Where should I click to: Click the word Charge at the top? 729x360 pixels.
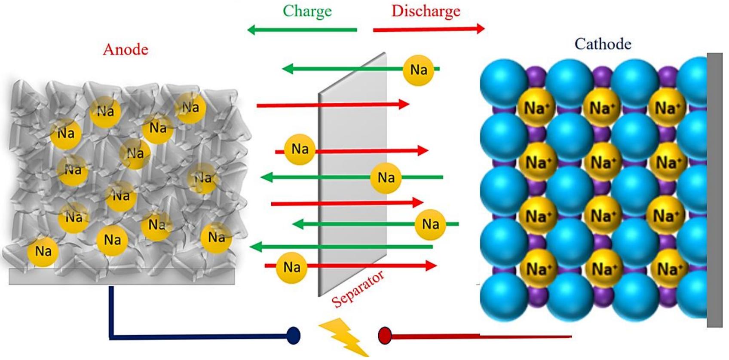[307, 11]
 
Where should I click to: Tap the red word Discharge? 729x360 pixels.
[426, 11]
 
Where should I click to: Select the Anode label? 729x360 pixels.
[126, 50]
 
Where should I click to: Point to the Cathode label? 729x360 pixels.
[603, 44]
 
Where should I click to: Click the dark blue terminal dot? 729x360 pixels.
[293, 336]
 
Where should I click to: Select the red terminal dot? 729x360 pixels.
[384, 335]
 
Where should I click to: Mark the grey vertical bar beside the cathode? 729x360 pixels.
[714, 189]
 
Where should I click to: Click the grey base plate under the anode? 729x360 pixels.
[122, 277]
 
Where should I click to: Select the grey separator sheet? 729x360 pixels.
[352, 180]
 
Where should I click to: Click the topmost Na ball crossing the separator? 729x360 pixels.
[418, 70]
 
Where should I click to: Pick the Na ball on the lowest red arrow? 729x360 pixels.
[292, 267]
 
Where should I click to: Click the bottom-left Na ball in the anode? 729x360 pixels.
[43, 251]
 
